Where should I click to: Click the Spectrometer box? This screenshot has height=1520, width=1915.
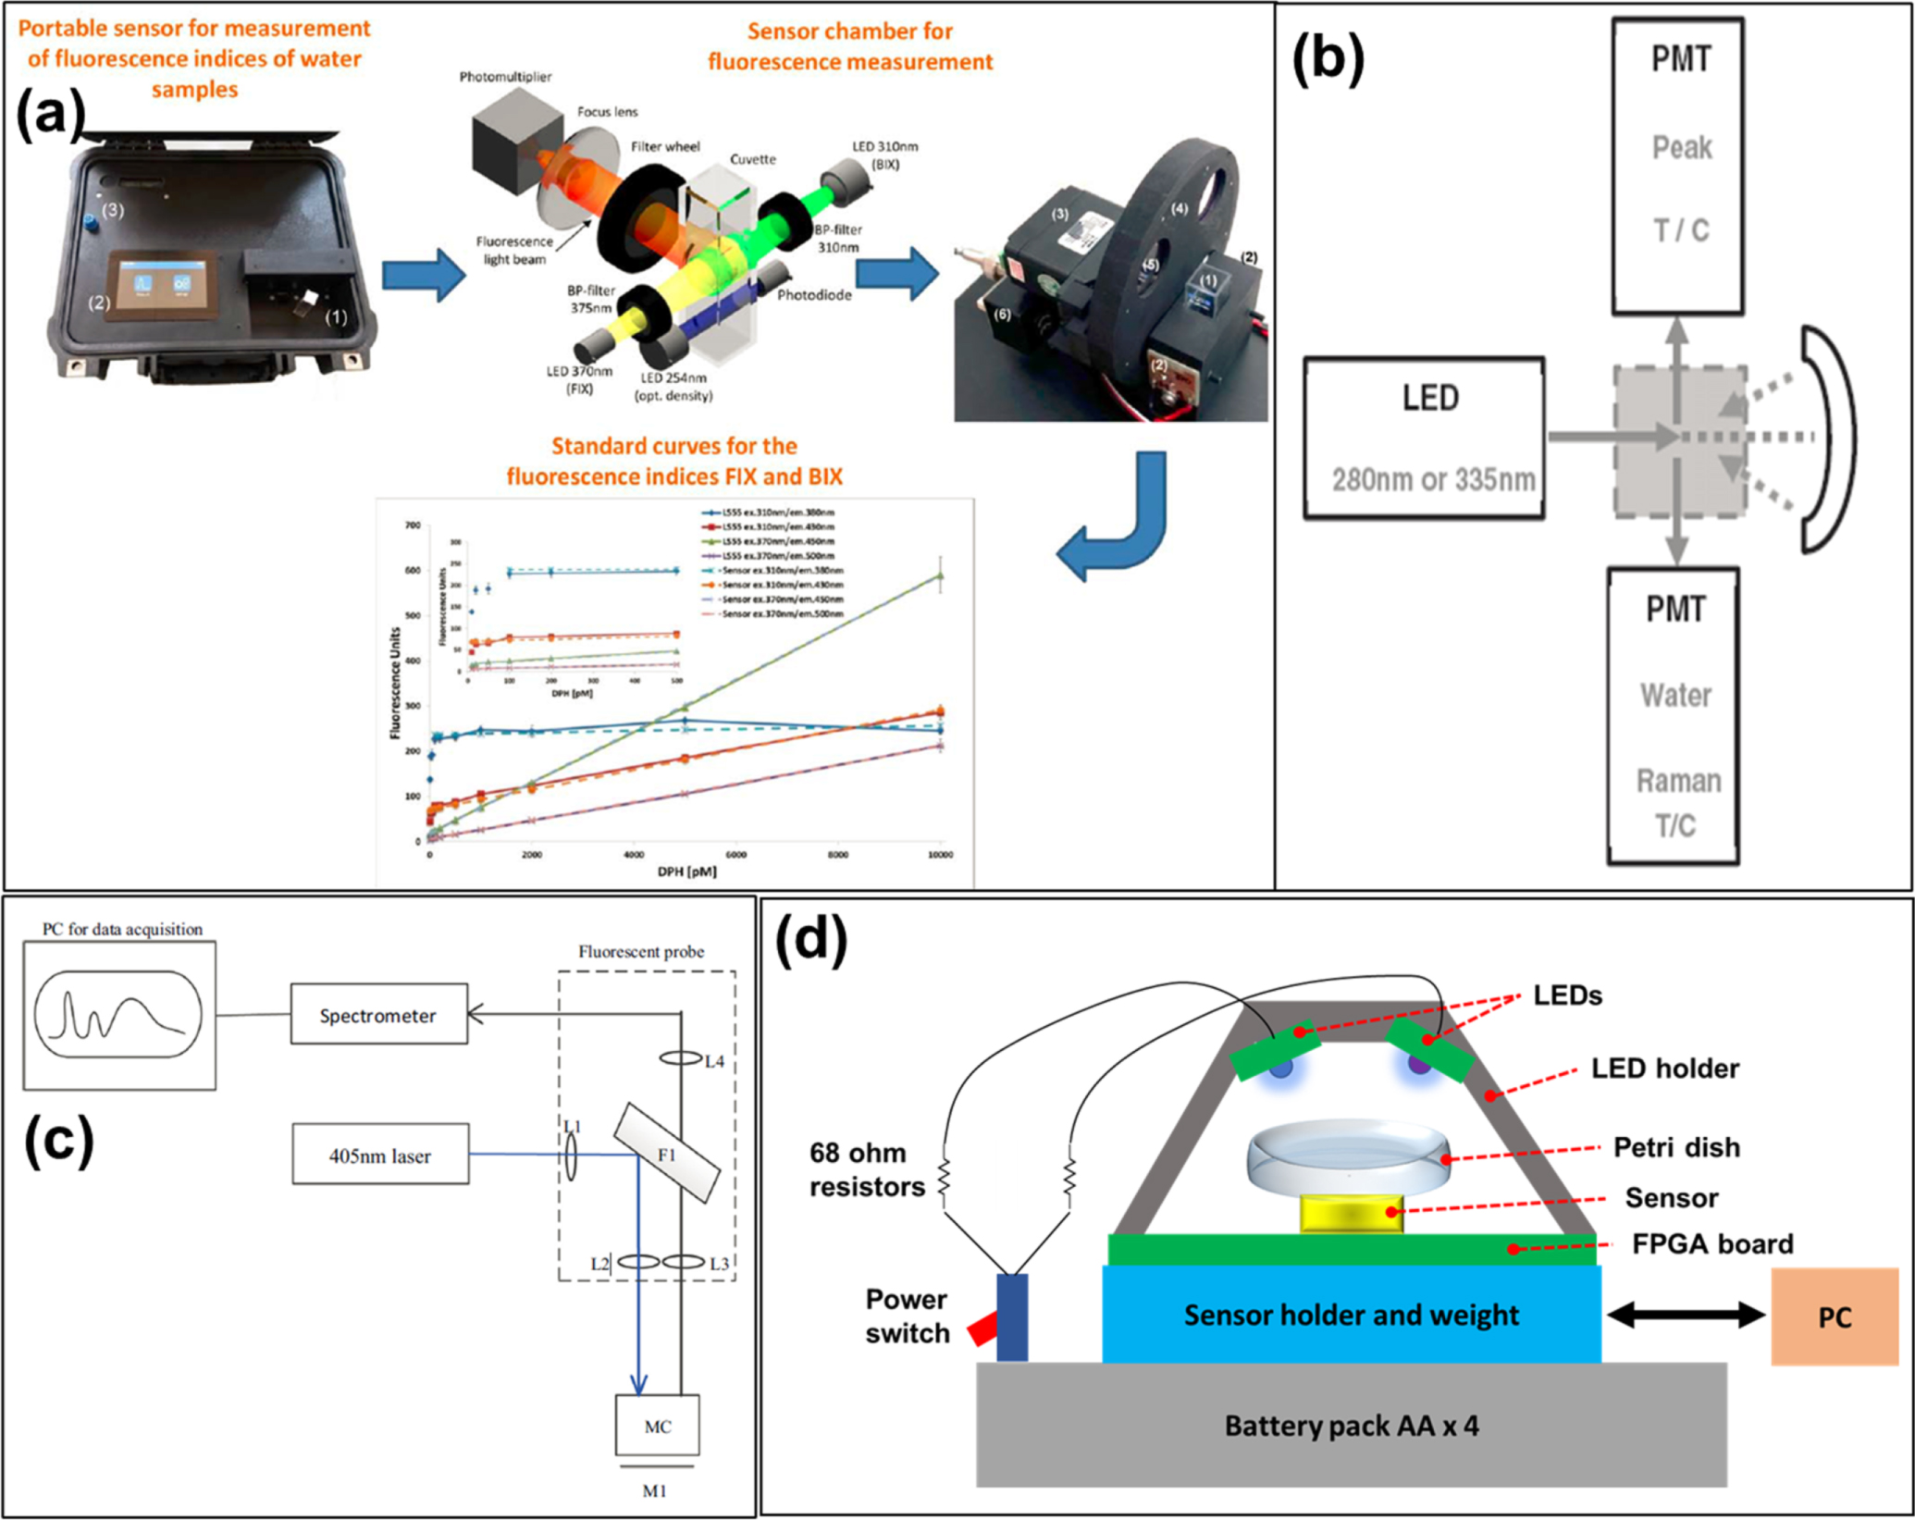(x=378, y=1014)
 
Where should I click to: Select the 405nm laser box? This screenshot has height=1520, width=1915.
(x=380, y=1155)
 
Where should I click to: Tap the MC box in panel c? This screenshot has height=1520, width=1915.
(x=657, y=1426)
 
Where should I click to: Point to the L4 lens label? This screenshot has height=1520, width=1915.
(x=714, y=1061)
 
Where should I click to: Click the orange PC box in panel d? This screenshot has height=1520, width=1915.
(x=1834, y=1316)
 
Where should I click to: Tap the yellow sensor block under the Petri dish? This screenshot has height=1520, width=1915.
(x=1351, y=1213)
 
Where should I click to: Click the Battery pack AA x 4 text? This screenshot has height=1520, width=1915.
(x=1351, y=1426)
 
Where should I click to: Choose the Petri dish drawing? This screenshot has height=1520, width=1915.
(x=1349, y=1156)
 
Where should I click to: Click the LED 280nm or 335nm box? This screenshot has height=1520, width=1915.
(x=1424, y=438)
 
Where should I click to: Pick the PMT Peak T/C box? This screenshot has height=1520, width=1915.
(x=1677, y=167)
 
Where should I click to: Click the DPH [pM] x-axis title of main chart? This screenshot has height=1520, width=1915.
(x=686, y=871)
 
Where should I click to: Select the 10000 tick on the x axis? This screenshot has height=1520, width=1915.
(x=939, y=855)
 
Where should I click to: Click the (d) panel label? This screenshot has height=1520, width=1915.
(x=810, y=941)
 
